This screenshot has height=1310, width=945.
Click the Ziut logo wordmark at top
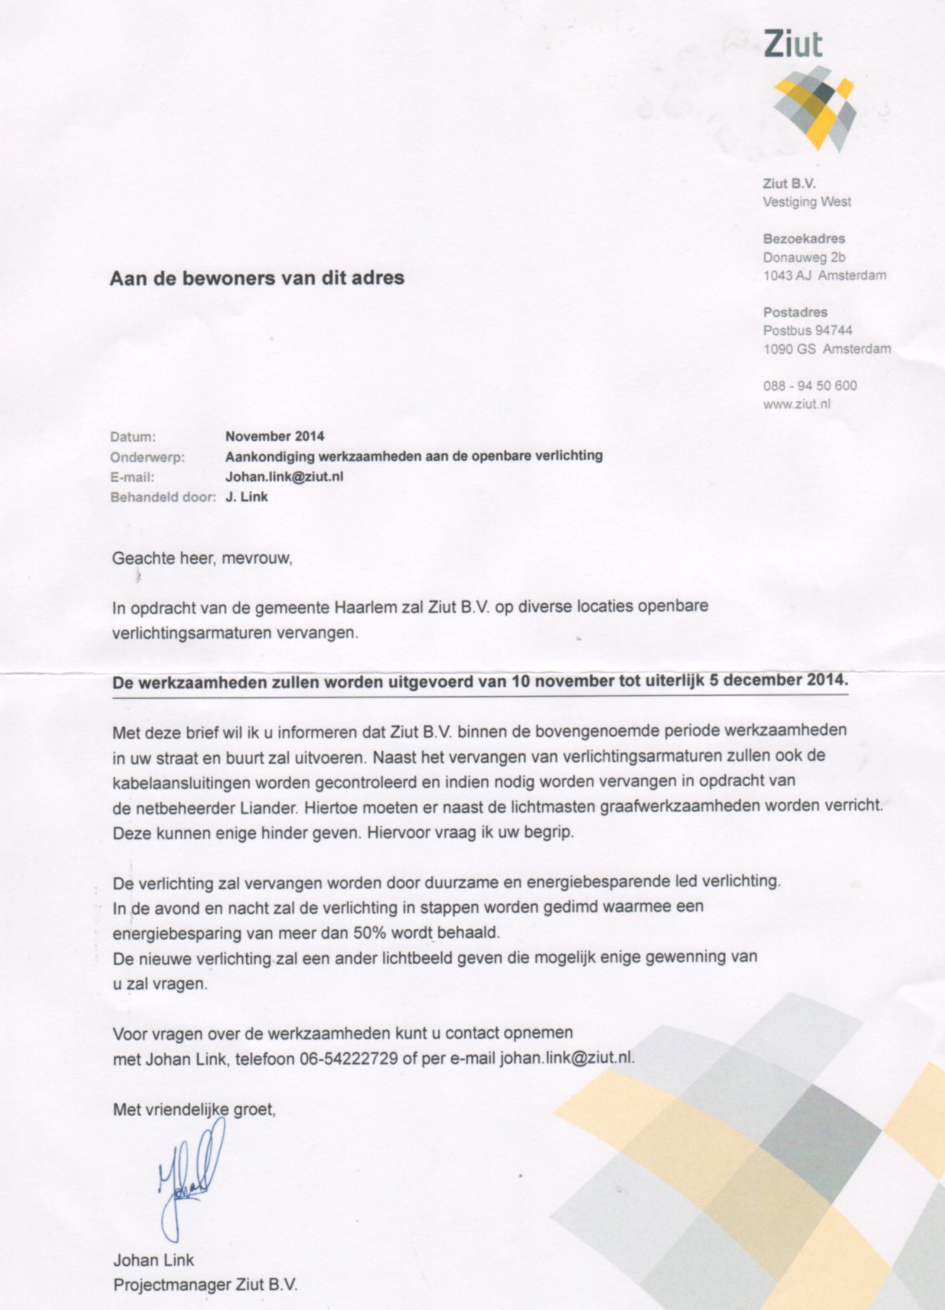point(793,44)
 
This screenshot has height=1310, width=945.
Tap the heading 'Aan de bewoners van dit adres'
point(257,278)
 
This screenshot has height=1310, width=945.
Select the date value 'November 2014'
point(275,436)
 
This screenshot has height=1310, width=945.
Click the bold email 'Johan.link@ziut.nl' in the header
point(284,477)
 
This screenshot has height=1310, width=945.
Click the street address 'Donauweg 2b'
point(804,257)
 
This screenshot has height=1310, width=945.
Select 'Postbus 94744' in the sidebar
point(807,330)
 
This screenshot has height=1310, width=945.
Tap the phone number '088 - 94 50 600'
point(810,386)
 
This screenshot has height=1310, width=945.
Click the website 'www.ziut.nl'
point(796,404)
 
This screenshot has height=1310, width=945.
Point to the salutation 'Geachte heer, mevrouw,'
point(202,558)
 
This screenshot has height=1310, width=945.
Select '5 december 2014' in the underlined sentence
point(778,680)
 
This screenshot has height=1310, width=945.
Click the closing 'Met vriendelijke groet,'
point(194,1110)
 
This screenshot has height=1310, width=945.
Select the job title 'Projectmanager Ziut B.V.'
point(206,1285)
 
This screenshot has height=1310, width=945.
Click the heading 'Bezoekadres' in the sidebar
point(804,239)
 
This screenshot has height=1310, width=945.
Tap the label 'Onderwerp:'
point(147,457)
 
